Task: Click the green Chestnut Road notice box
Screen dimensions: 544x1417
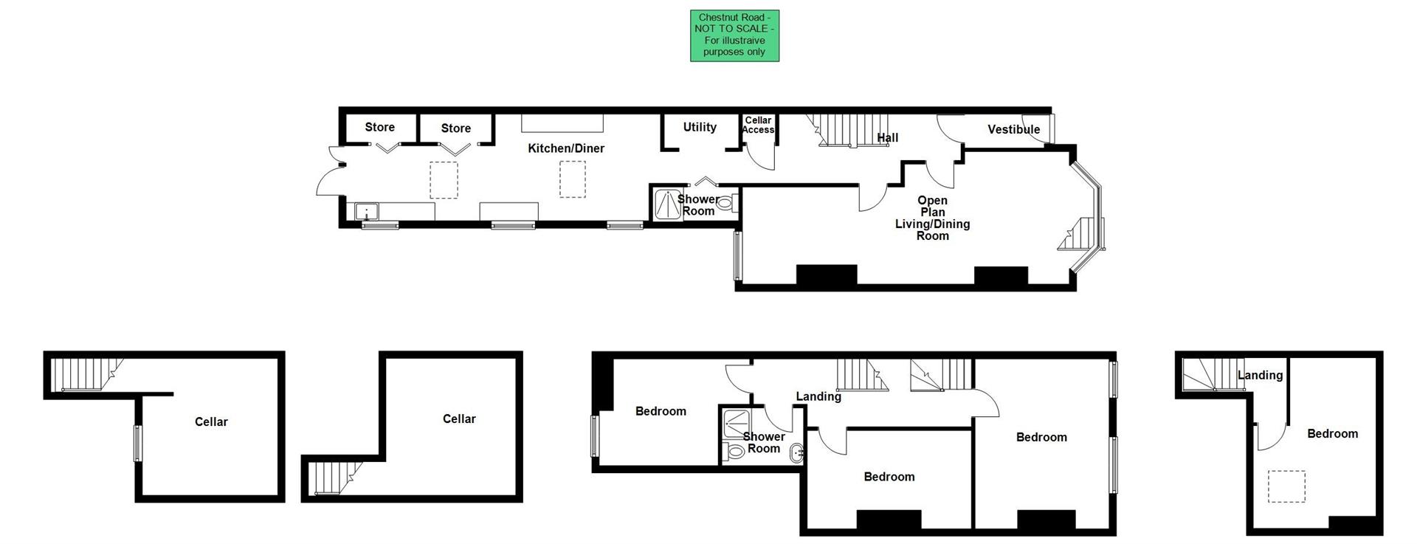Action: coord(734,35)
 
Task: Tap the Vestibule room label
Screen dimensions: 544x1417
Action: coord(1013,130)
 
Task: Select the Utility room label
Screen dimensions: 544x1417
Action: coord(700,127)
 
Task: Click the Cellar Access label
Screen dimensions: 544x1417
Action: coord(758,125)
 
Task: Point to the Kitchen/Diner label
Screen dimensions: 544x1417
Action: coord(566,148)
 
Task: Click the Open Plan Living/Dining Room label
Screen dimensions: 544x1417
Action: coord(932,218)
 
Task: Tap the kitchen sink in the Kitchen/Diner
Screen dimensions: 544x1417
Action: coord(366,212)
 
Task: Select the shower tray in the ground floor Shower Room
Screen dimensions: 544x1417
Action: coord(668,204)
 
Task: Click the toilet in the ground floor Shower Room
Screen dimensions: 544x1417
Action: coord(726,203)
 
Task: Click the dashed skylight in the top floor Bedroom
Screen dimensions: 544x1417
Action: coord(1286,486)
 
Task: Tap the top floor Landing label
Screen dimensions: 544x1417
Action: coord(1260,375)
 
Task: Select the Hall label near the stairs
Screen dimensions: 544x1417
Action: coord(887,138)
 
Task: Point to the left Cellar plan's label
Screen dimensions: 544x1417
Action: coord(211,422)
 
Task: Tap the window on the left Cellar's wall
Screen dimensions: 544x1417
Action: coord(137,443)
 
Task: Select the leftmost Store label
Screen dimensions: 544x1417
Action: coord(379,127)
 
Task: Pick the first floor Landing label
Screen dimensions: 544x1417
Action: coord(818,396)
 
